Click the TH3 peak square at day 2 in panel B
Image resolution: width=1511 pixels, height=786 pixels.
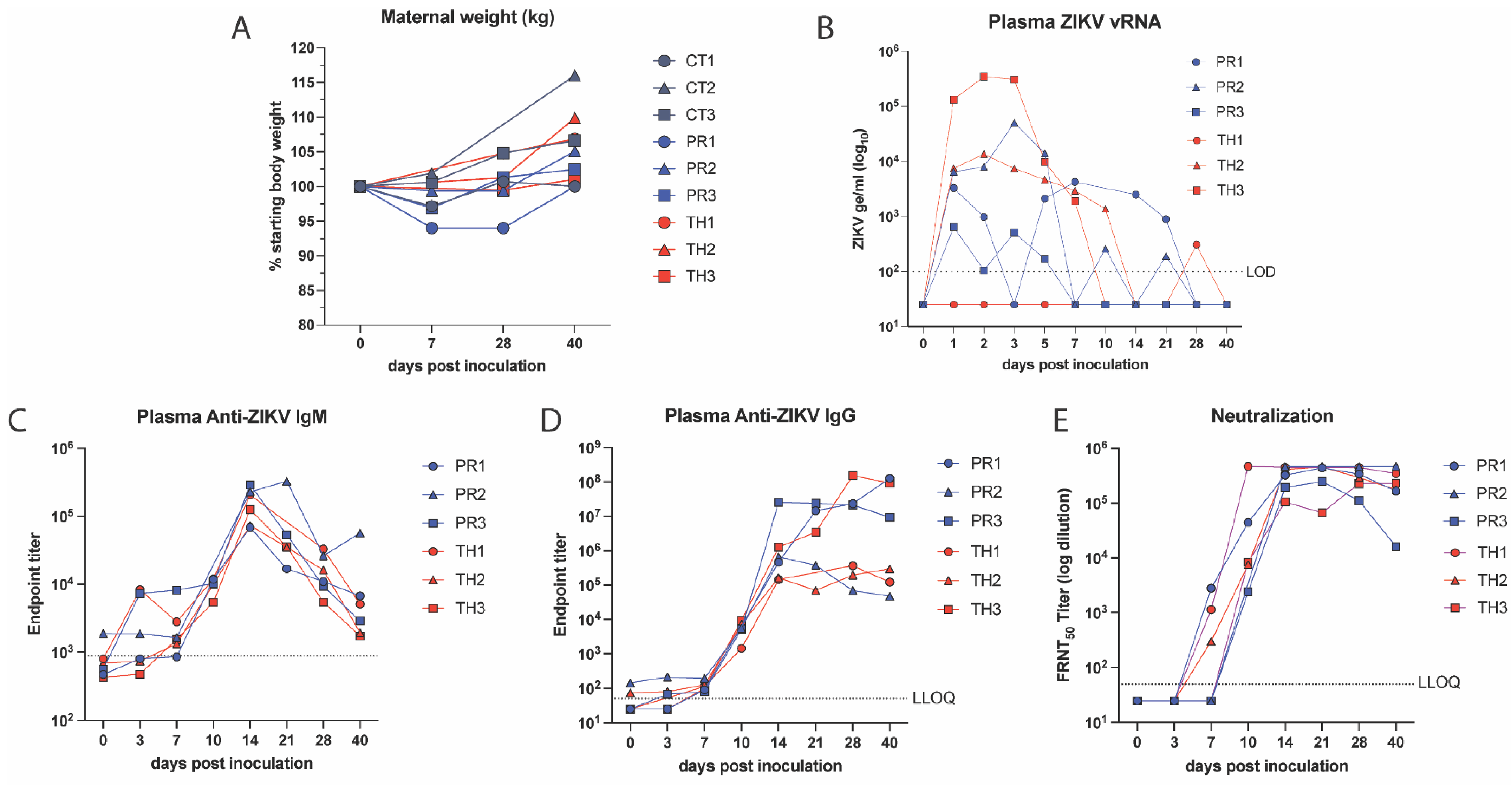(x=984, y=77)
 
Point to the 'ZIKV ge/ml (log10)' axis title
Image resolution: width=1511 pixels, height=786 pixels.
(x=860, y=189)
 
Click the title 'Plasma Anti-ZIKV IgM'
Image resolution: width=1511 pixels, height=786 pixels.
(x=232, y=417)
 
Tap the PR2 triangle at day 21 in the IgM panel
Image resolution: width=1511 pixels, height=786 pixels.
(x=286, y=482)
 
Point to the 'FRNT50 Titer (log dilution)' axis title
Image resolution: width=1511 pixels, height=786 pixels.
(x=1064, y=584)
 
